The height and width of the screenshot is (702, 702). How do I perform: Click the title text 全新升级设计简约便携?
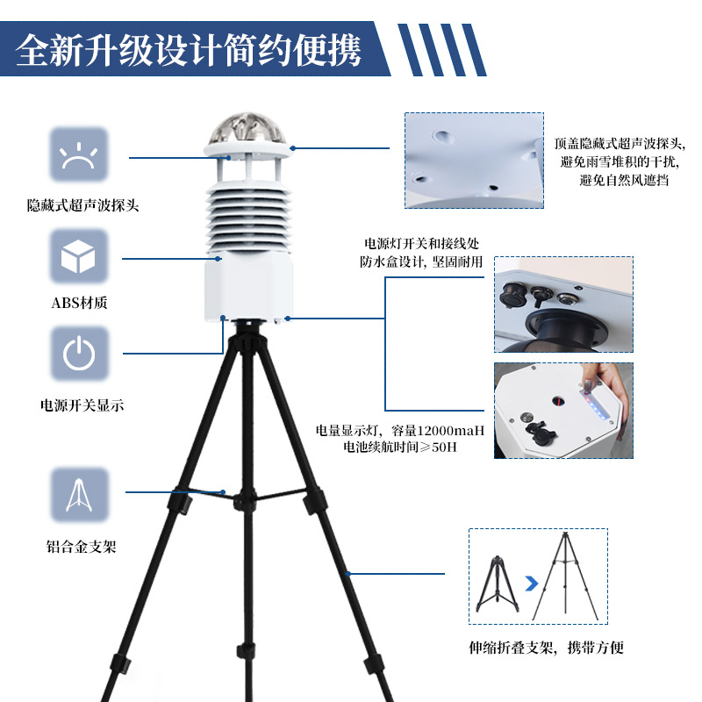(189, 50)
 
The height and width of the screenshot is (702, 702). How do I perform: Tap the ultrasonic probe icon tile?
(79, 155)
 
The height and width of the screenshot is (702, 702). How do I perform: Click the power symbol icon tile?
(79, 354)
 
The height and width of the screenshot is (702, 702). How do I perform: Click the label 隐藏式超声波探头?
(82, 206)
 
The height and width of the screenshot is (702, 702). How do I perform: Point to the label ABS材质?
(79, 304)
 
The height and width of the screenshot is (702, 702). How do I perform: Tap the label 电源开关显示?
(82, 405)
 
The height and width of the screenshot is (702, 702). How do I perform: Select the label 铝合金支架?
(81, 547)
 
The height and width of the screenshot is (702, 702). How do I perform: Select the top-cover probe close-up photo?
(474, 160)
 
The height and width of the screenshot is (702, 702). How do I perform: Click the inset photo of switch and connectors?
(562, 304)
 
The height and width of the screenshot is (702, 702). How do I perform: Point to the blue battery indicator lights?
(597, 399)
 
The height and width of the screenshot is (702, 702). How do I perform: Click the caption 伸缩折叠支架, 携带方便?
(546, 648)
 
